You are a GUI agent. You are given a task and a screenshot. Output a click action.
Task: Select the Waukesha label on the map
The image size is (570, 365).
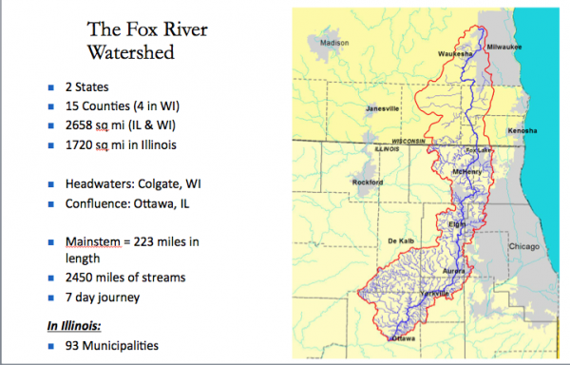point(456,54)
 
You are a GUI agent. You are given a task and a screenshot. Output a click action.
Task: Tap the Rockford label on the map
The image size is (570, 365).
point(367,181)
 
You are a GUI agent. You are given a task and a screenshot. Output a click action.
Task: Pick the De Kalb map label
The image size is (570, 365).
point(402,241)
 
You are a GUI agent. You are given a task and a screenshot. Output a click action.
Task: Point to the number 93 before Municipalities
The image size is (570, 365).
point(78,345)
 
